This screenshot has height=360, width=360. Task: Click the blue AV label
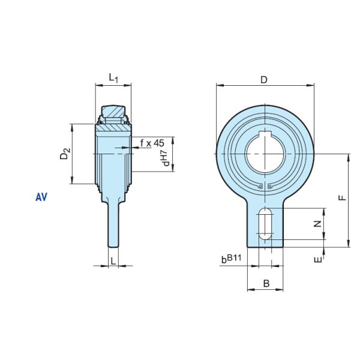(x=41, y=196)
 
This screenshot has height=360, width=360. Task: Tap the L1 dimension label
(x=113, y=77)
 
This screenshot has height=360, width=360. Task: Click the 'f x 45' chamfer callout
(x=152, y=143)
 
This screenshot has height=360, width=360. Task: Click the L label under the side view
(x=112, y=260)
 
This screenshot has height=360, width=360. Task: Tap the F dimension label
(x=341, y=197)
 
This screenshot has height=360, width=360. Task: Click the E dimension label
(x=319, y=259)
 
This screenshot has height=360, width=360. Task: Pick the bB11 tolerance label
(x=231, y=259)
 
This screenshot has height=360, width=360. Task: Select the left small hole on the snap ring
(x=259, y=186)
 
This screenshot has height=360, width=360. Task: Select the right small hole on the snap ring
(x=270, y=186)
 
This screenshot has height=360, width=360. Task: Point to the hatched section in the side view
(x=113, y=125)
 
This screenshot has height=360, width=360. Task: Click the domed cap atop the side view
(x=113, y=111)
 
